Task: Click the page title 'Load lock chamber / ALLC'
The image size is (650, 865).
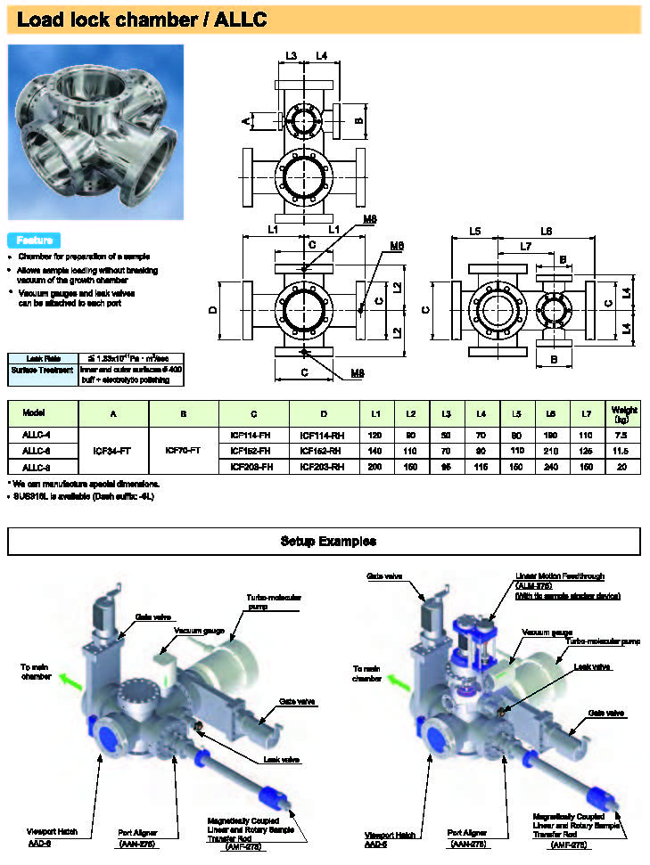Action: pos(142,19)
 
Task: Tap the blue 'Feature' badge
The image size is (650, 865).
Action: pos(34,241)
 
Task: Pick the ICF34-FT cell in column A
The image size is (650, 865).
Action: pos(113,451)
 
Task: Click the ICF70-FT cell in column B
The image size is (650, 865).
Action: pos(184,451)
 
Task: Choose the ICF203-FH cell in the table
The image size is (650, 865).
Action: pos(253,467)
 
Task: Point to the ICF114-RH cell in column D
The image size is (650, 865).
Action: pos(324,435)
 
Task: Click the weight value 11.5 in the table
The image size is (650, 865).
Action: pos(621,451)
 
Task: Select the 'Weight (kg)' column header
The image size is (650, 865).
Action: pos(621,414)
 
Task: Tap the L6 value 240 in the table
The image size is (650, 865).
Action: pos(552,467)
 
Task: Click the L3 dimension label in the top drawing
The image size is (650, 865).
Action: pos(292,56)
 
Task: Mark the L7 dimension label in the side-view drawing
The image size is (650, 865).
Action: pos(526,245)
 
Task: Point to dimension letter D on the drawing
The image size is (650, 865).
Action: pos(212,310)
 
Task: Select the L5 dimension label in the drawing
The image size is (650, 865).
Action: pos(475,231)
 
